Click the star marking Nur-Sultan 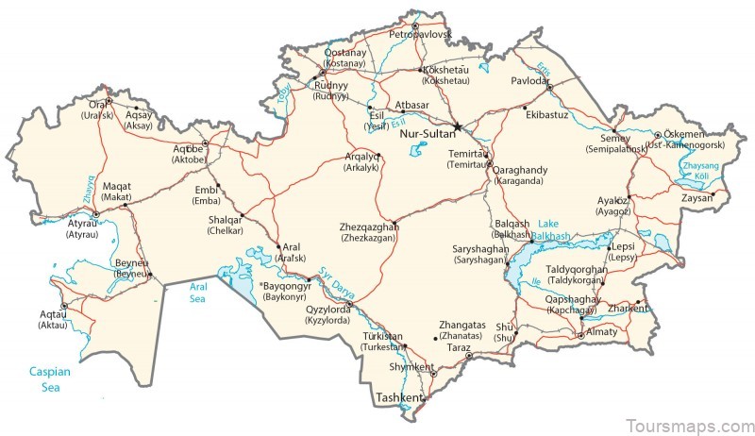[x=458, y=126]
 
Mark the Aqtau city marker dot [x=64, y=307]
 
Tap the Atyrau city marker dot [x=95, y=214]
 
